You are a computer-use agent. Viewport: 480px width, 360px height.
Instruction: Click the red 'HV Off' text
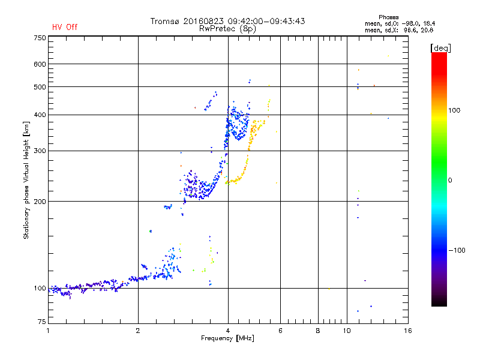65,27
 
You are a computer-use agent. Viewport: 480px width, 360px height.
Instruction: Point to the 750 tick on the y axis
40,38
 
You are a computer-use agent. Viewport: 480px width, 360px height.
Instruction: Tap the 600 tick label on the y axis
40,64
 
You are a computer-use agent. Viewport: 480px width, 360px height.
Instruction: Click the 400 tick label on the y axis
40,115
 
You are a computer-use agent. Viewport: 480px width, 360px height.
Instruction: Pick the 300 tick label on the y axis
40,151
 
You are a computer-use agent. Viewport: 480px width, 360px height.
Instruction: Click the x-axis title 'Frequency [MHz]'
227,338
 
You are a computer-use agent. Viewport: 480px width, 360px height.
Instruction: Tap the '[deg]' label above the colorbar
440,47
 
